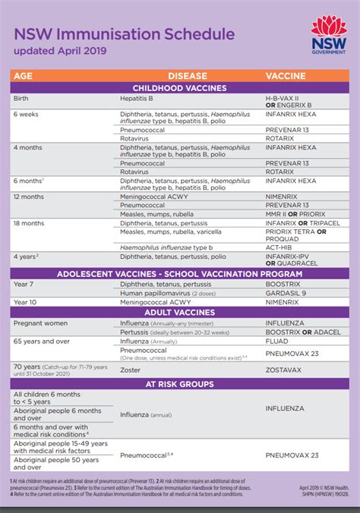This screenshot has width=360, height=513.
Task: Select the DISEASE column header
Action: [187, 76]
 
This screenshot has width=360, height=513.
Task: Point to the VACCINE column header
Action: [286, 76]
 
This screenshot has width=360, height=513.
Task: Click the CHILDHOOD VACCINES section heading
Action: [179, 88]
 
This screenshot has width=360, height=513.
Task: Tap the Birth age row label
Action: [21, 98]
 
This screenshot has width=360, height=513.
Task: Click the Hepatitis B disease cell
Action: [139, 98]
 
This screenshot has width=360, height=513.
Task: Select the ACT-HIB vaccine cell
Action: [279, 247]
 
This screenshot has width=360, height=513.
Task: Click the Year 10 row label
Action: [24, 302]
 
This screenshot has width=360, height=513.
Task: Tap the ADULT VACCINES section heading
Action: [179, 312]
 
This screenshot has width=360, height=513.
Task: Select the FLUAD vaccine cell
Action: [278, 341]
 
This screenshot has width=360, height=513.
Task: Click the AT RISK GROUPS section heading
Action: [179, 383]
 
